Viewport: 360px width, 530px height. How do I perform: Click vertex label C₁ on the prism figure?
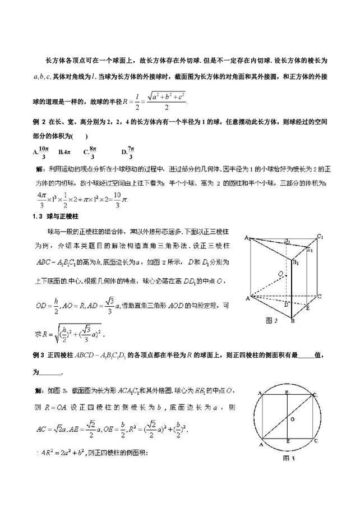click(x=321, y=237)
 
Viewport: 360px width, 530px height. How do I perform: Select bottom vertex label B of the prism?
click(x=292, y=321)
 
